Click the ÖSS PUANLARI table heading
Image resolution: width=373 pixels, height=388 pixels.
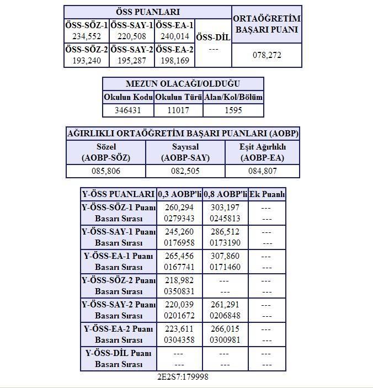pos(147,12)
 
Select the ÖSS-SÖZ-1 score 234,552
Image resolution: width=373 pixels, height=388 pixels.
pos(86,36)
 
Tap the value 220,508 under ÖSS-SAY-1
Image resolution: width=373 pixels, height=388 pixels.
pos(131,36)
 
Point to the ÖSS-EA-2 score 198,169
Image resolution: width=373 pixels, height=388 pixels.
pos(174,61)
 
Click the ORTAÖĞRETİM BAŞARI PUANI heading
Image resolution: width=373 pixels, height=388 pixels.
pos(267,24)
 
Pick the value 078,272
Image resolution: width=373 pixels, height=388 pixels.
pos(267,56)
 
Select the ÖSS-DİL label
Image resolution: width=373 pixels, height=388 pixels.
pos(213,37)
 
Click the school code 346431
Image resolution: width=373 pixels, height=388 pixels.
pos(128,110)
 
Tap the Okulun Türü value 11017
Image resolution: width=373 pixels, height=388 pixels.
pos(179,110)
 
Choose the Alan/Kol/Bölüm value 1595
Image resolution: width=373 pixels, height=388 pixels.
pos(233,110)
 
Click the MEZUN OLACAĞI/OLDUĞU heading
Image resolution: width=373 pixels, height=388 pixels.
pos(183,84)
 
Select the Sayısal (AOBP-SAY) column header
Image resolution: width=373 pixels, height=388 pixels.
pos(185,152)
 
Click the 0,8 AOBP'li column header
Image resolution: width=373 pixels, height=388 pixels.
pos(225,194)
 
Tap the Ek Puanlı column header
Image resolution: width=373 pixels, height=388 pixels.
pos(267,194)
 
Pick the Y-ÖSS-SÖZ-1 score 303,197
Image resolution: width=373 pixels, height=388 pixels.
pos(225,208)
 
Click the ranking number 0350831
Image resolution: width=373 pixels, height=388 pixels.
pos(179,292)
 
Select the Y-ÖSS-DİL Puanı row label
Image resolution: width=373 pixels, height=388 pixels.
pos(119,353)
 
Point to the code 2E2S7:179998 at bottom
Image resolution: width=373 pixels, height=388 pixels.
pos(183,377)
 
